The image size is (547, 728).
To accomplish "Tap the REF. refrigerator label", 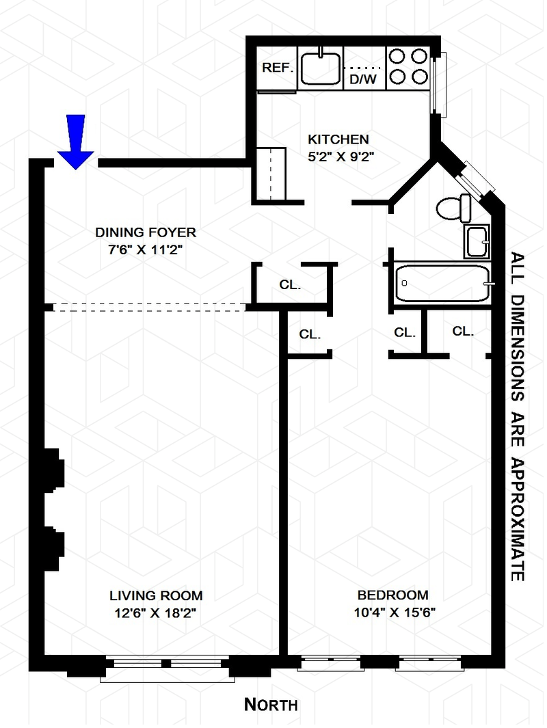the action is (x=278, y=68).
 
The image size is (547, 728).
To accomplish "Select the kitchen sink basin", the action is (x=321, y=68).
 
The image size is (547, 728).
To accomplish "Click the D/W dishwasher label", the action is (x=363, y=79).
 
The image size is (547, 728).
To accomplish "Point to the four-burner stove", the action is (x=408, y=66).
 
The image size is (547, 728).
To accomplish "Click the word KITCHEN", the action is (x=338, y=139).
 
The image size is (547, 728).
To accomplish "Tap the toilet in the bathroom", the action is (x=453, y=208).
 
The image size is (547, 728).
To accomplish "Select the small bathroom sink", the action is (x=477, y=241).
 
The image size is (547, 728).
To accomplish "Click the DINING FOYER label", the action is (x=146, y=232).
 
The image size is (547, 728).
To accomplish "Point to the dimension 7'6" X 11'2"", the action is (x=146, y=250).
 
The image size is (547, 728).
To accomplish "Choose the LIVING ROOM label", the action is (x=156, y=595).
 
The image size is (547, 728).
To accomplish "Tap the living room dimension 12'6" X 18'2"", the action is (x=156, y=613).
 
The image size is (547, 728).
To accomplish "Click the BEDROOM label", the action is (x=393, y=595).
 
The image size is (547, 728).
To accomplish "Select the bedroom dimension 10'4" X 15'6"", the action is (x=395, y=612).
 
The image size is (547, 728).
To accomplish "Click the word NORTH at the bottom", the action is (x=271, y=704).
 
